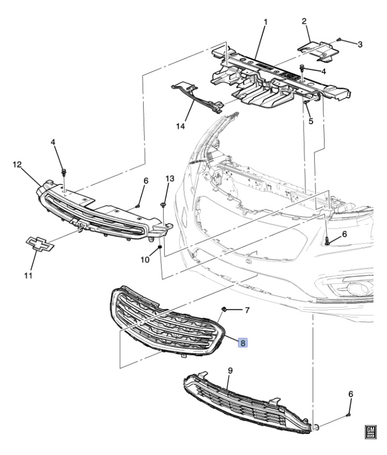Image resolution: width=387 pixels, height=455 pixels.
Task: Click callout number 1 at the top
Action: (x=265, y=22)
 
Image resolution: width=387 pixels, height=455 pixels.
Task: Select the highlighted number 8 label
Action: (x=243, y=342)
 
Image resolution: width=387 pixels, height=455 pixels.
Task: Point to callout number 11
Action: (x=28, y=276)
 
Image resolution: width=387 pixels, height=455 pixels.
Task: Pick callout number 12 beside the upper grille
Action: (x=17, y=163)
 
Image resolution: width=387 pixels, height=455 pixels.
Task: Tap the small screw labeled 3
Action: (x=340, y=39)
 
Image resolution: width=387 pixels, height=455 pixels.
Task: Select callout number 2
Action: (x=304, y=22)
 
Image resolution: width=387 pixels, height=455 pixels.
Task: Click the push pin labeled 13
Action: (x=162, y=204)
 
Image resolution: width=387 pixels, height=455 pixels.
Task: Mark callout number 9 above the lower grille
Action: (x=230, y=371)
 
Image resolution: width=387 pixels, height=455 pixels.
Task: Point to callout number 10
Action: (x=145, y=260)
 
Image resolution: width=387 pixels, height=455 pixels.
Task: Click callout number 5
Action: (x=311, y=122)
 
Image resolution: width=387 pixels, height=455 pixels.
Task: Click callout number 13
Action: (x=170, y=178)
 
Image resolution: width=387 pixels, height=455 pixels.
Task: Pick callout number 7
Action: (x=247, y=310)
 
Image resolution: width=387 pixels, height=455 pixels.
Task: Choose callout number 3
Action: (x=360, y=44)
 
